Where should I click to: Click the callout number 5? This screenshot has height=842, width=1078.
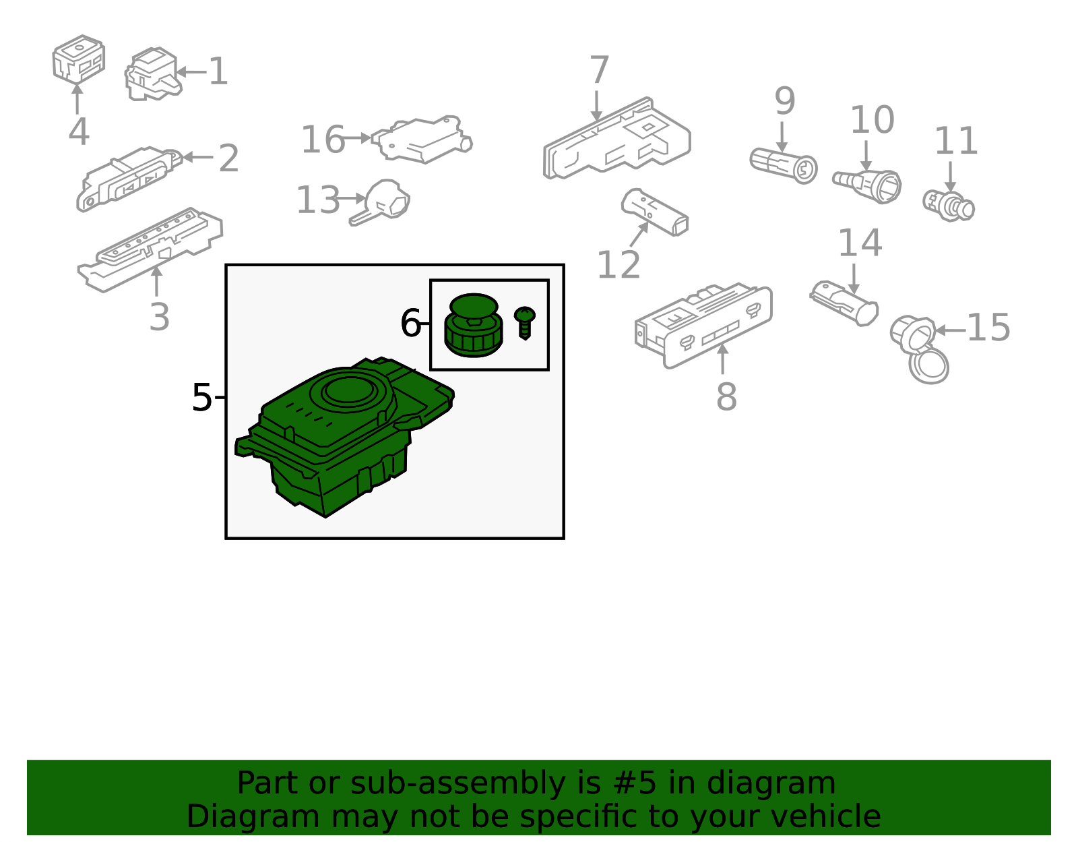(201, 398)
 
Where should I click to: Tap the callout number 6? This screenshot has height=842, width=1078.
(411, 323)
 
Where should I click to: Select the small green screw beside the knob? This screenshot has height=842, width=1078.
(524, 322)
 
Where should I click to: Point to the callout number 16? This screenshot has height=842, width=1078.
(323, 140)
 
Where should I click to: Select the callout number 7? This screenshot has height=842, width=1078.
(599, 69)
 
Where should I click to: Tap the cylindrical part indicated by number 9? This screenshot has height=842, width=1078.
(784, 166)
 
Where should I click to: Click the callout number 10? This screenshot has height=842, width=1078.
(873, 120)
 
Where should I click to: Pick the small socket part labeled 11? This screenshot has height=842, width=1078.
(949, 206)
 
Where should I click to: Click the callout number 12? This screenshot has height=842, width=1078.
(619, 264)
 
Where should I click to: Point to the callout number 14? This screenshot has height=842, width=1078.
(860, 243)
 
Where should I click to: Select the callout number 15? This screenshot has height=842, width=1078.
(988, 328)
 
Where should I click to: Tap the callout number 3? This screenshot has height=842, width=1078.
(159, 317)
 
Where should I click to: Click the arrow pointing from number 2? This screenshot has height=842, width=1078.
(198, 157)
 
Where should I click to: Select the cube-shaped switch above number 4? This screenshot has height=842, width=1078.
(78, 59)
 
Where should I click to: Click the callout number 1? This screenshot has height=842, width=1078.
(218, 71)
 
